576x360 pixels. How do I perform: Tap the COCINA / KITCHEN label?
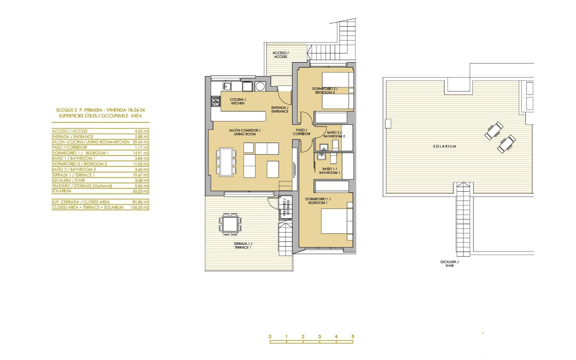click(238, 101)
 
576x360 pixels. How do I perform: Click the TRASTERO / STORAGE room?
click(286, 208)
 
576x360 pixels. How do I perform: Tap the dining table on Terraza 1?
click(230, 223)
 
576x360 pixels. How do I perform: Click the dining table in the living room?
click(226, 161)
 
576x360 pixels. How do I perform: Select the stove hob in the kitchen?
click(216, 101)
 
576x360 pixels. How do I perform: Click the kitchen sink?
click(227, 86)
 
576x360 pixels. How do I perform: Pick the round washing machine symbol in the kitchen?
click(260, 86)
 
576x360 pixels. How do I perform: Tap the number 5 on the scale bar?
click(352, 337)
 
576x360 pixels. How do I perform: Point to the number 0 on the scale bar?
click(270, 337)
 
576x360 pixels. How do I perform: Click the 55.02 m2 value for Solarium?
click(141, 191)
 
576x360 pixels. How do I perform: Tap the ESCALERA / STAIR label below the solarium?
click(449, 264)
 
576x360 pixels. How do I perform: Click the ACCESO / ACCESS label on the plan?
click(280, 55)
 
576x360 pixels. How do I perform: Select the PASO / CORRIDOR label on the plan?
click(302, 132)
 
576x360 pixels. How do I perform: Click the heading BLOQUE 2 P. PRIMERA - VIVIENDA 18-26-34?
click(100, 110)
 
